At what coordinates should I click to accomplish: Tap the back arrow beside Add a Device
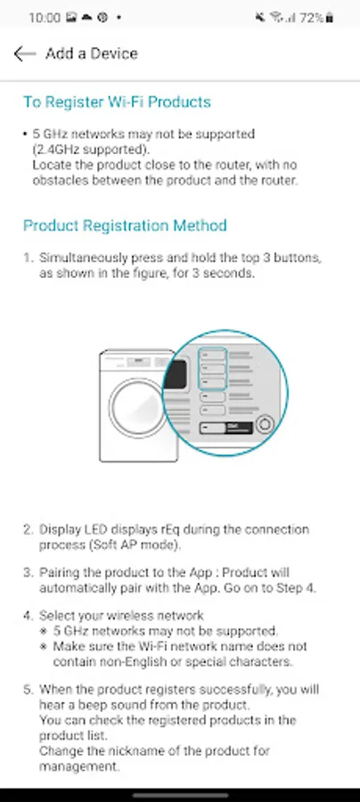point(25,53)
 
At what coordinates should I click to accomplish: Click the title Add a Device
point(92,53)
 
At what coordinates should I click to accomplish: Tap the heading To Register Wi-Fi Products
point(117,102)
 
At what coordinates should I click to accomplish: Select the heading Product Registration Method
point(126,225)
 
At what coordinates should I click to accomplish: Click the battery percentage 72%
point(311,18)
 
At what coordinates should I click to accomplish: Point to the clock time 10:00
point(45,18)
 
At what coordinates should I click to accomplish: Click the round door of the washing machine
point(137,407)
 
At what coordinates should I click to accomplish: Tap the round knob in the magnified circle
point(265,424)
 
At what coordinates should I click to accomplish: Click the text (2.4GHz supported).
point(91,150)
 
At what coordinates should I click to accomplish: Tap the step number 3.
point(28,573)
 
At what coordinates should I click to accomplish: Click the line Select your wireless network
point(122,615)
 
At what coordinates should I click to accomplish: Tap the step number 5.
point(28,690)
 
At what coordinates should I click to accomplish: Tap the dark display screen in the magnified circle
point(175,374)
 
